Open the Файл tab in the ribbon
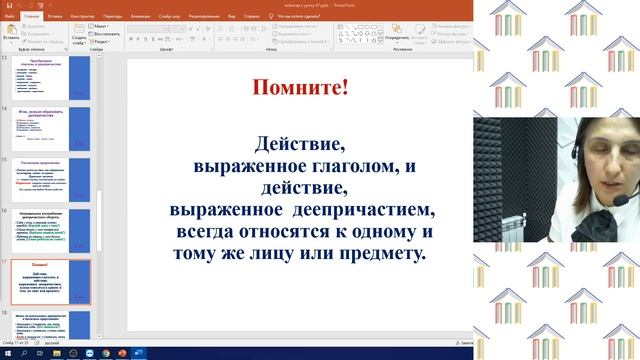pyautogui.click(x=9, y=17)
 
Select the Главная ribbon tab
pyautogui.click(x=32, y=17)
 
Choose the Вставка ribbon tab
pyautogui.click(x=56, y=17)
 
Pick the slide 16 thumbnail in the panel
pyautogui.click(x=64, y=232)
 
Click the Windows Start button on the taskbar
pyautogui.click(x=6, y=353)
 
